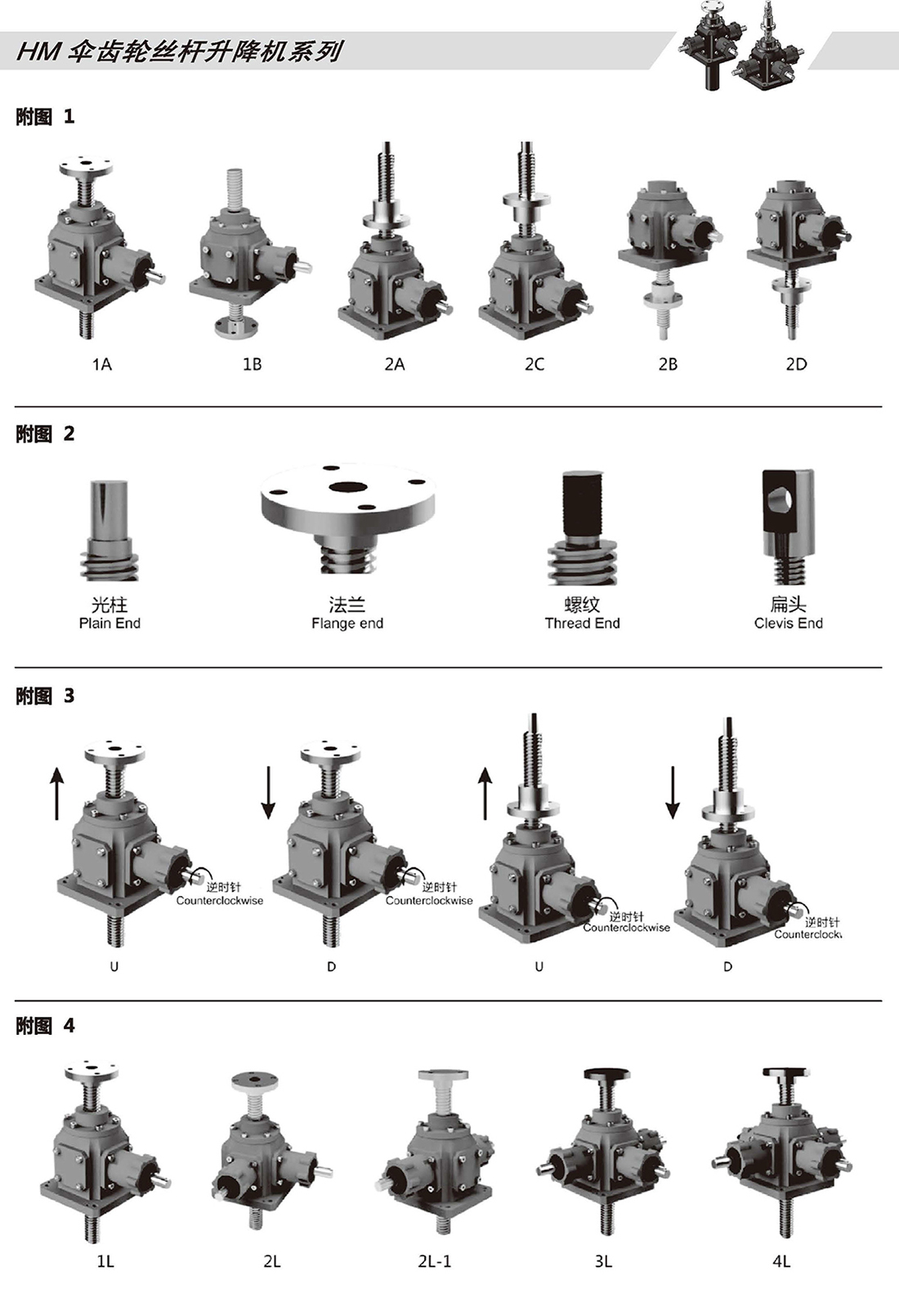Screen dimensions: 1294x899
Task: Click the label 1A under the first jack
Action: click(x=101, y=365)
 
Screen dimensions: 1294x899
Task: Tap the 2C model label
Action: click(x=534, y=365)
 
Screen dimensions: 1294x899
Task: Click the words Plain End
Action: click(x=110, y=624)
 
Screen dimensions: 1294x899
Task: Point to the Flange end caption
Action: click(x=347, y=624)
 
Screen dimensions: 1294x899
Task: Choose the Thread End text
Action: click(x=582, y=624)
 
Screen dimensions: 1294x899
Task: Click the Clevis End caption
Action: click(x=788, y=624)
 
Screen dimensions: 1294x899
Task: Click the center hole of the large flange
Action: click(x=347, y=487)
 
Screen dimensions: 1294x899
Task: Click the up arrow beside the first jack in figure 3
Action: click(x=56, y=792)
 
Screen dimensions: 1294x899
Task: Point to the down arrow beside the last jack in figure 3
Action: click(x=672, y=792)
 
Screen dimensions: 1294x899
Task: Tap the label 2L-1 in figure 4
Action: click(x=434, y=1261)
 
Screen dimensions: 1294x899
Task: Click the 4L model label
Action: click(x=781, y=1261)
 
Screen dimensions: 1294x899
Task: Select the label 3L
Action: click(x=603, y=1261)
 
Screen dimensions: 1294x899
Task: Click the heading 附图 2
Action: click(x=45, y=434)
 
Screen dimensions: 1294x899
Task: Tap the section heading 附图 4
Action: click(x=45, y=1026)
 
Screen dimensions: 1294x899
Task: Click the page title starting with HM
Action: click(x=179, y=52)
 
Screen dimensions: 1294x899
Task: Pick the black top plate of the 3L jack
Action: click(x=604, y=1074)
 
